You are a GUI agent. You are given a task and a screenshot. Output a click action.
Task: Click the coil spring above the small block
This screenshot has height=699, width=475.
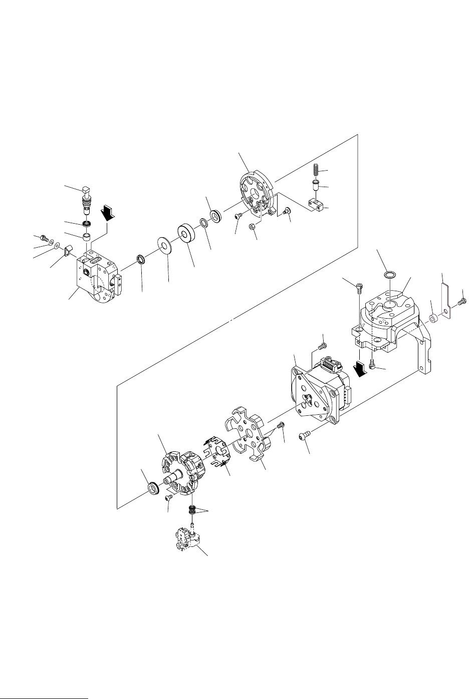click(x=317, y=170)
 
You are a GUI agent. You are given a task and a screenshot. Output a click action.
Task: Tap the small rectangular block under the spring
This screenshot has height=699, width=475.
click(x=314, y=204)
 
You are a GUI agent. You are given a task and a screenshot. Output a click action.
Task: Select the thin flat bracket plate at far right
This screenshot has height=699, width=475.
click(x=445, y=300)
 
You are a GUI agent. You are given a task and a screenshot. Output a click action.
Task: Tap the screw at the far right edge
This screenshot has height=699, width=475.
click(x=463, y=301)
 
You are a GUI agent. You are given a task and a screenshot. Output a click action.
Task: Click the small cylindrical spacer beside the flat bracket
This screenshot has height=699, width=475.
click(x=433, y=318)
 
